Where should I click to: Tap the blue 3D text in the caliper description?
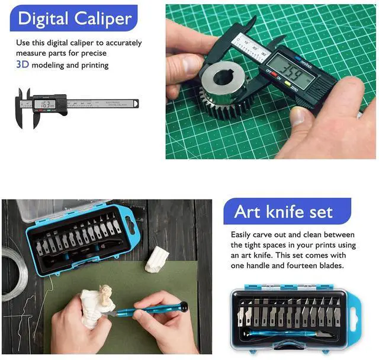23,65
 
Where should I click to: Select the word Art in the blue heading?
248,211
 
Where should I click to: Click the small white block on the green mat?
156,260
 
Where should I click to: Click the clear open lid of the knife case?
59,208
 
